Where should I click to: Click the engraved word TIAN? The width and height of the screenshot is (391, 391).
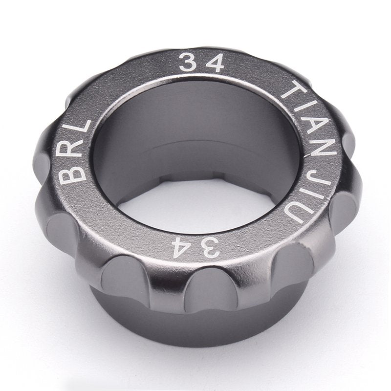click(310, 120)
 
